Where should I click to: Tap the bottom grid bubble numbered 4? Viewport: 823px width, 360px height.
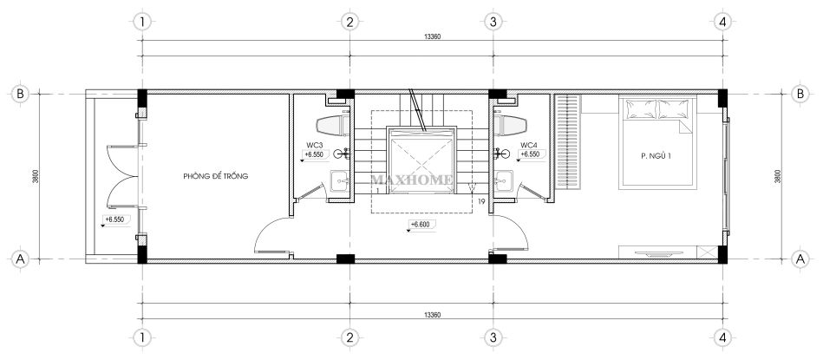pyautogui.click(x=722, y=337)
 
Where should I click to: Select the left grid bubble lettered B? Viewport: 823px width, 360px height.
pyautogui.click(x=20, y=94)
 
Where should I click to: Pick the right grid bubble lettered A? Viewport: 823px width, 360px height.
pyautogui.click(x=800, y=259)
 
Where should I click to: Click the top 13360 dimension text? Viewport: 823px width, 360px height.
pyautogui.click(x=433, y=36)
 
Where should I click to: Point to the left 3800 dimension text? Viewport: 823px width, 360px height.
pyautogui.click(x=34, y=176)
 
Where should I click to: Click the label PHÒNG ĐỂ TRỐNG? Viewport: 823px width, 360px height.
pyautogui.click(x=215, y=176)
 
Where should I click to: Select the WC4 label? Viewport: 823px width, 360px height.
pyautogui.click(x=528, y=144)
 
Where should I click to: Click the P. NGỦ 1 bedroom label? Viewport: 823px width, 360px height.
pyautogui.click(x=656, y=154)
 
